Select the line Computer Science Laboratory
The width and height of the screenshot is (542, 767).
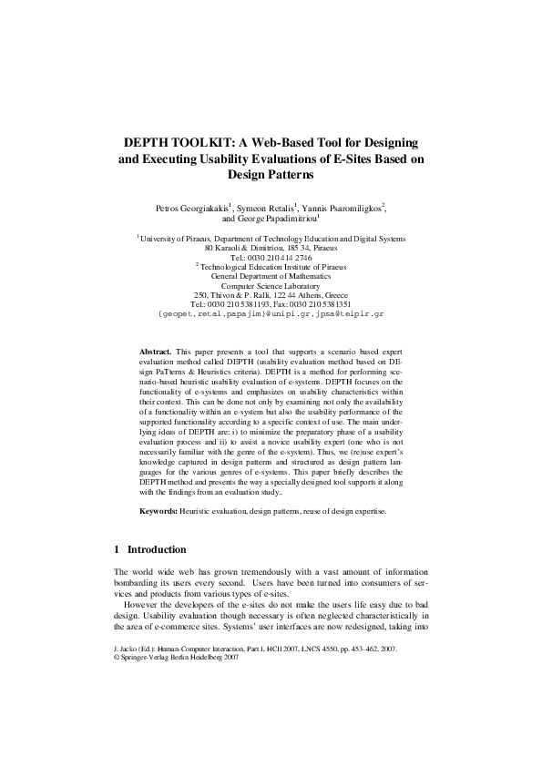[x=271, y=286]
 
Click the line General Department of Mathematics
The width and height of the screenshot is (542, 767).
[x=271, y=276]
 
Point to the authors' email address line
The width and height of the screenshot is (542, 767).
[x=271, y=314]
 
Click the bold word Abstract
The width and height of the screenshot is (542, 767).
[x=155, y=351]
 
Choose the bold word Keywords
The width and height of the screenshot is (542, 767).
[x=159, y=512]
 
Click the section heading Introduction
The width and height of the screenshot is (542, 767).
[x=157, y=550]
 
